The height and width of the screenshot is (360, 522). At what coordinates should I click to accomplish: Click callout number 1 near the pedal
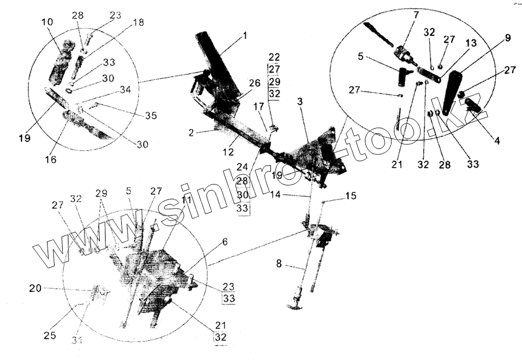coord(245,36)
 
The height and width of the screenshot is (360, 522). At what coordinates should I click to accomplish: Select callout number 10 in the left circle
coord(48,22)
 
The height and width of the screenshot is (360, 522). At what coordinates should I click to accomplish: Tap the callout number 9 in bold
coord(507,39)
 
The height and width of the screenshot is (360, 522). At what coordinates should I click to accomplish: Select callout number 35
coord(151,116)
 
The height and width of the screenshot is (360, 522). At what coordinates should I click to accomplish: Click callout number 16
coord(51,159)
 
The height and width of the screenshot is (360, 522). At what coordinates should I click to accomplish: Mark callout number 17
coord(258,107)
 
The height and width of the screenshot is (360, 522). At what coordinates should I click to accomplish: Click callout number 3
coord(300,102)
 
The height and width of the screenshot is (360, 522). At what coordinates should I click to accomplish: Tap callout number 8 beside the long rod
coord(279,264)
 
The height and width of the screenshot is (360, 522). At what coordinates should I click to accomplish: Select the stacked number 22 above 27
coord(274,57)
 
